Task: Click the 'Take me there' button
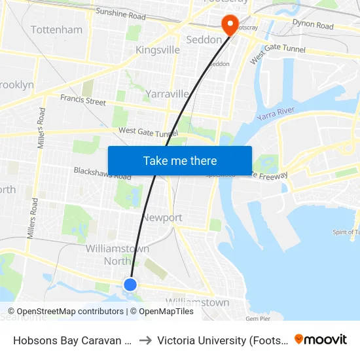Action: click(x=180, y=161)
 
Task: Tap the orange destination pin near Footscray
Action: click(x=230, y=25)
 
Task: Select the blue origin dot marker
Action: click(x=130, y=284)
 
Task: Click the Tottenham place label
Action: click(x=57, y=29)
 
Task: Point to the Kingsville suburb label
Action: click(x=157, y=50)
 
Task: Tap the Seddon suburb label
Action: click(x=204, y=39)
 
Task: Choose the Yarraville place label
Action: click(x=167, y=94)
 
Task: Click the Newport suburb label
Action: click(x=162, y=217)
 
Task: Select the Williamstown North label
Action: click(x=118, y=255)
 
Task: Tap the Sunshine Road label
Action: click(x=120, y=12)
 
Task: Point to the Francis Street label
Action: click(x=83, y=101)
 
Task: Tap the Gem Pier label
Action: click(x=258, y=319)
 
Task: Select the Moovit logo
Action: click(x=321, y=339)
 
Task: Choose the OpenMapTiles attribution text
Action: click(x=166, y=312)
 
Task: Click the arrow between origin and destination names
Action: click(x=145, y=340)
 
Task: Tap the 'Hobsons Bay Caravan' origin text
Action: click(x=70, y=340)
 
